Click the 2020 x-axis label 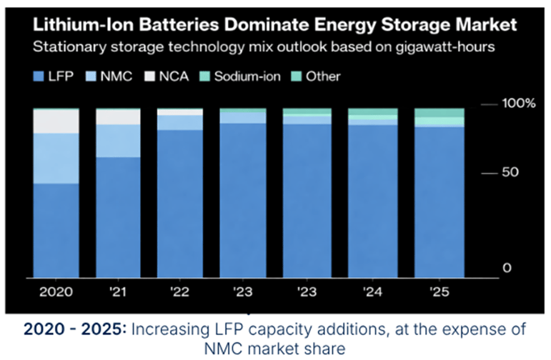56,293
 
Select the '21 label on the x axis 118,293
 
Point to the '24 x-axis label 372,293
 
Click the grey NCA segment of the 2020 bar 56,121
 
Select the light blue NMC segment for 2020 56,158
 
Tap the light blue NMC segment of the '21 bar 118,141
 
